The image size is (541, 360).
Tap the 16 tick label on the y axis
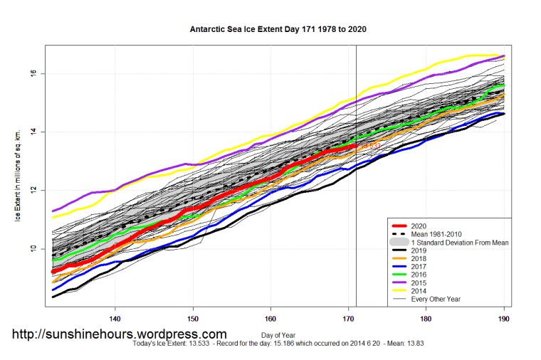coord(35,73)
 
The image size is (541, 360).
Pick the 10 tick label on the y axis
coord(35,249)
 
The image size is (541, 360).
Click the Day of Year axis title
coord(278,334)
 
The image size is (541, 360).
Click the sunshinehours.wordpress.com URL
coord(119,334)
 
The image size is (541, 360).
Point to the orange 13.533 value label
coord(369,146)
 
